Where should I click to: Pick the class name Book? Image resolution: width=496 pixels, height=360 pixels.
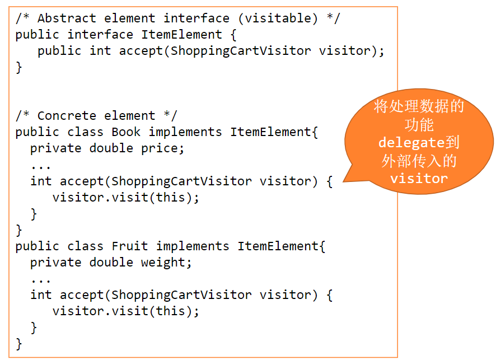click(127, 132)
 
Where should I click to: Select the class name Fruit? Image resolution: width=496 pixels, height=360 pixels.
click(130, 246)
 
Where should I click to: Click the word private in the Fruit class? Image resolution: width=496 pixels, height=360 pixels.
click(56, 263)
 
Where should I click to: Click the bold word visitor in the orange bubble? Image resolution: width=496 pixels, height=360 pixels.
click(419, 179)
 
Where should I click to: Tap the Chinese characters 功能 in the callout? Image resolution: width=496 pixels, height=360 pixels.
click(419, 125)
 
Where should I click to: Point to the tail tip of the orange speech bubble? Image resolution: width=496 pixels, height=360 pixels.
click(344, 181)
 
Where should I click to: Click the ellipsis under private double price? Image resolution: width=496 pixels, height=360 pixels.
click(41, 166)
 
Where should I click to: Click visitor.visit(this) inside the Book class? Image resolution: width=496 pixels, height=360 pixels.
click(126, 198)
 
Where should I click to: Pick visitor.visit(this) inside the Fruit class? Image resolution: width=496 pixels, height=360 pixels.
click(126, 311)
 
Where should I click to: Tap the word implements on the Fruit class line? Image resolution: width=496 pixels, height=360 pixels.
click(193, 246)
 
